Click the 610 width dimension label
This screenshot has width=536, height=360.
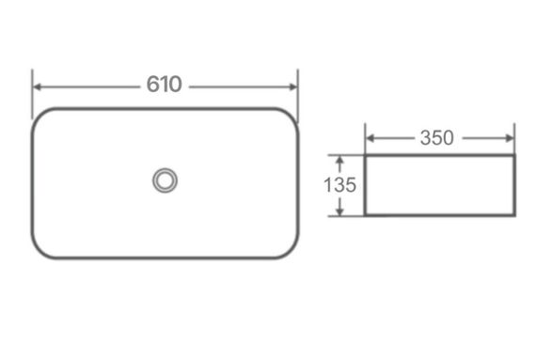coord(164,85)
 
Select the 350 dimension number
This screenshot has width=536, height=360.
coord(436,138)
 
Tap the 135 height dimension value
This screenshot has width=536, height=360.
coord(339,185)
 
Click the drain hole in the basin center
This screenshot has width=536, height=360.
coord(166,180)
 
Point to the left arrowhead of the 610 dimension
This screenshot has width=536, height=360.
coord(38,86)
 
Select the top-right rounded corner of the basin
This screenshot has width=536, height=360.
coord(291,116)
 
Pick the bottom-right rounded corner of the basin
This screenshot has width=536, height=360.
coord(291,250)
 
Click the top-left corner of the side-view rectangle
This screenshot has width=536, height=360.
coord(365,156)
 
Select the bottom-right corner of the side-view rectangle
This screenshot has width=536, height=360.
coord(513,215)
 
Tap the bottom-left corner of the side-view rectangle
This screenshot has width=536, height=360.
coord(365,215)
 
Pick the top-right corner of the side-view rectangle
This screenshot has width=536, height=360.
coord(513,156)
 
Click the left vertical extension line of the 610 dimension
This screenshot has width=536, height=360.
coord(33,94)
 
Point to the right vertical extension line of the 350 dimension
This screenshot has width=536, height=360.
coord(513,136)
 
